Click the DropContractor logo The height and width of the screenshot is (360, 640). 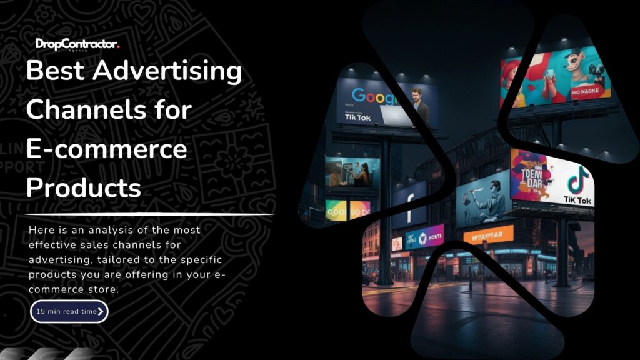(x=77, y=44)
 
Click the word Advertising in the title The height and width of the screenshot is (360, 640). (x=167, y=71)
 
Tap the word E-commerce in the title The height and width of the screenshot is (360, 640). (x=106, y=149)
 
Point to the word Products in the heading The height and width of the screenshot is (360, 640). (x=84, y=187)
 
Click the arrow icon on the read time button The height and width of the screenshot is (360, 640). (x=101, y=311)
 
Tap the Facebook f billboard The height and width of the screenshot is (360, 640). (x=410, y=202)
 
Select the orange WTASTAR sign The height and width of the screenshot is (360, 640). (x=488, y=236)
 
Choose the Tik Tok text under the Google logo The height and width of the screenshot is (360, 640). (x=353, y=117)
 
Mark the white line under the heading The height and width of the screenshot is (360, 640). (x=150, y=214)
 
